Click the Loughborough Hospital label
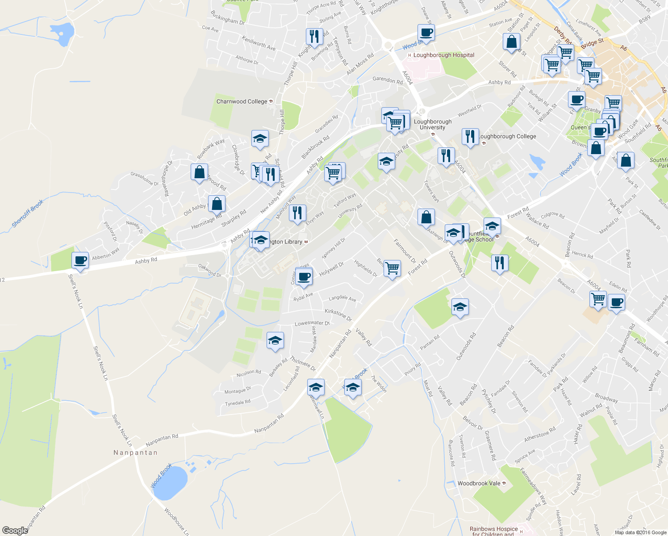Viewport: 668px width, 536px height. (x=443, y=55)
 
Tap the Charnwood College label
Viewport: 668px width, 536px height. (x=242, y=101)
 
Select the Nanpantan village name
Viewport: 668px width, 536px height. (x=135, y=452)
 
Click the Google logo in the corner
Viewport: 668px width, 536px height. (x=15, y=531)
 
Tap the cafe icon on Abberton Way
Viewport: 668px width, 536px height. (x=80, y=260)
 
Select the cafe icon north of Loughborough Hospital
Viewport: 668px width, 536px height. (x=426, y=32)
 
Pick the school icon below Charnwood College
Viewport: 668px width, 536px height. (x=260, y=138)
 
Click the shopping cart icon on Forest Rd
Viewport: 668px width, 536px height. (x=392, y=268)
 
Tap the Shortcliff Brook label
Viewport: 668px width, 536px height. (x=28, y=214)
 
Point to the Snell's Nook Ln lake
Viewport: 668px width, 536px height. (x=61, y=34)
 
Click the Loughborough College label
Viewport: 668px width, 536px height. (x=508, y=136)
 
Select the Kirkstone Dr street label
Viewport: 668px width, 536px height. (x=338, y=314)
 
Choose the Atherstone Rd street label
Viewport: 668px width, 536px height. (x=539, y=434)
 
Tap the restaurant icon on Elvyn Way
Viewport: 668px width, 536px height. (x=297, y=213)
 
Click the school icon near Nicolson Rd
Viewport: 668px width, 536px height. (x=275, y=340)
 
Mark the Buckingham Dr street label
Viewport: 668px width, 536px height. (x=228, y=17)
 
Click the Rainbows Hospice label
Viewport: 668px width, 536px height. (x=493, y=529)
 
